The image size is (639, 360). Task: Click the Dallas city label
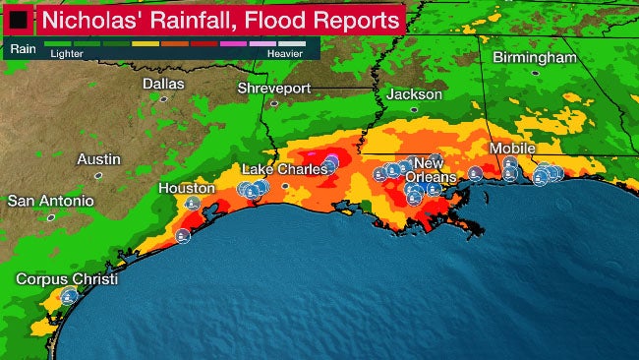[163, 85]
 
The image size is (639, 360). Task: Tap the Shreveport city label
[274, 90]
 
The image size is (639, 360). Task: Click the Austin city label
[98, 158]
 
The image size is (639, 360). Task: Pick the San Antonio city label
[51, 200]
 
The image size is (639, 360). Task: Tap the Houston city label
[187, 188]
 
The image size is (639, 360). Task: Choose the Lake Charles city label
[285, 169]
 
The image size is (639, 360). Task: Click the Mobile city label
[511, 149]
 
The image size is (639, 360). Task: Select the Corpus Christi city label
[66, 279]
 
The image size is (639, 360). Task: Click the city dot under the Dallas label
[164, 98]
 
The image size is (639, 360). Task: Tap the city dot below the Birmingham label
[536, 73]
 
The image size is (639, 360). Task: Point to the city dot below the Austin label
[98, 174]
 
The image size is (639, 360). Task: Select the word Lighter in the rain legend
[67, 54]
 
